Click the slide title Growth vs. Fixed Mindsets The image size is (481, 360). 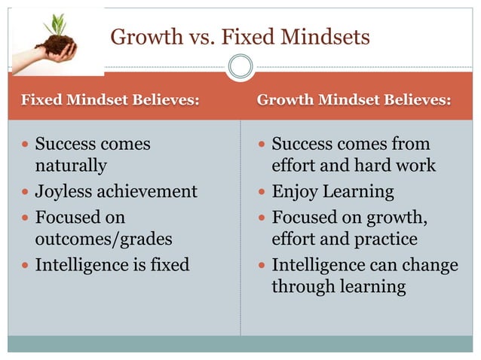click(x=240, y=36)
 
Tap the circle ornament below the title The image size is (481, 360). click(x=240, y=68)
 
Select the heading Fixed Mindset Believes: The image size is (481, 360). click(x=110, y=99)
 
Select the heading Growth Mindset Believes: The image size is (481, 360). click(x=354, y=99)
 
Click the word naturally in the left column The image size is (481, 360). click(x=71, y=165)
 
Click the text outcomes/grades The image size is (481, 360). click(x=103, y=239)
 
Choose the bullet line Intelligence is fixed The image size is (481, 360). click(x=112, y=265)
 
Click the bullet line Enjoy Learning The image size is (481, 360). click(x=332, y=191)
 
